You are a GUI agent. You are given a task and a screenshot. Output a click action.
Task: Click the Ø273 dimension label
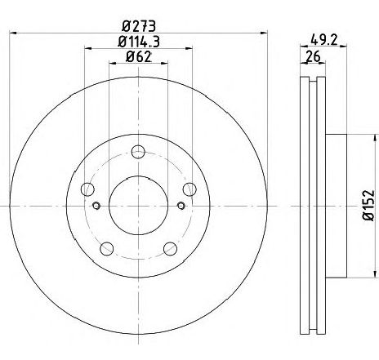point(139,26)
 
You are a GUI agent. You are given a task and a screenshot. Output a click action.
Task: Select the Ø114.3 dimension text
point(139,42)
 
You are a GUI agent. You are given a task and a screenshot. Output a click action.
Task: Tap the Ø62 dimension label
point(139,57)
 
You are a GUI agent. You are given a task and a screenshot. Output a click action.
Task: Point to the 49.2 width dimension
point(324,41)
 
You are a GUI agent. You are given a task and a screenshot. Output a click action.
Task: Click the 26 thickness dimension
point(313,56)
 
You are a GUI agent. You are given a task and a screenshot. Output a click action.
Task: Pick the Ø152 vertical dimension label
point(368,206)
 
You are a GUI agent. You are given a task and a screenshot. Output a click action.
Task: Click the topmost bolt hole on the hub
point(138,152)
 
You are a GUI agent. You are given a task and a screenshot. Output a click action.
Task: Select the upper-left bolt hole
point(87,189)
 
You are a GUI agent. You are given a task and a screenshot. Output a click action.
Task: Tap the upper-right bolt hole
point(189,189)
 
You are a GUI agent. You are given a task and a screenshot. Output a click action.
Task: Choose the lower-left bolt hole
point(107,248)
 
